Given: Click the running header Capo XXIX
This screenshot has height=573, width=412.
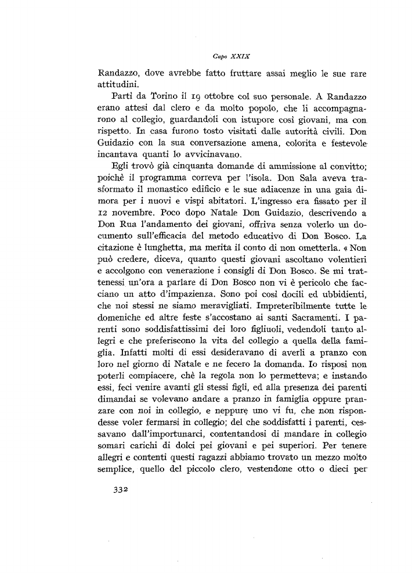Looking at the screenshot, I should tap(231, 57).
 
